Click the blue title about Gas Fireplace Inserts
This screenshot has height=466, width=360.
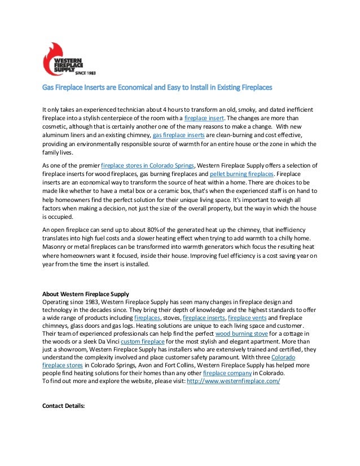pyautogui.click(x=157, y=88)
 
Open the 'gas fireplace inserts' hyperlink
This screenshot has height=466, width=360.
pyautogui.click(x=179, y=136)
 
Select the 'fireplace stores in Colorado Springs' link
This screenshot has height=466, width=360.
pyautogui.click(x=147, y=165)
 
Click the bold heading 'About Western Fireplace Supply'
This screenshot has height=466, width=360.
pyautogui.click(x=86, y=294)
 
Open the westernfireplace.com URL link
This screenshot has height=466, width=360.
pyautogui.click(x=233, y=382)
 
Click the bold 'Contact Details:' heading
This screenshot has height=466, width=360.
pyautogui.click(x=64, y=405)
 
